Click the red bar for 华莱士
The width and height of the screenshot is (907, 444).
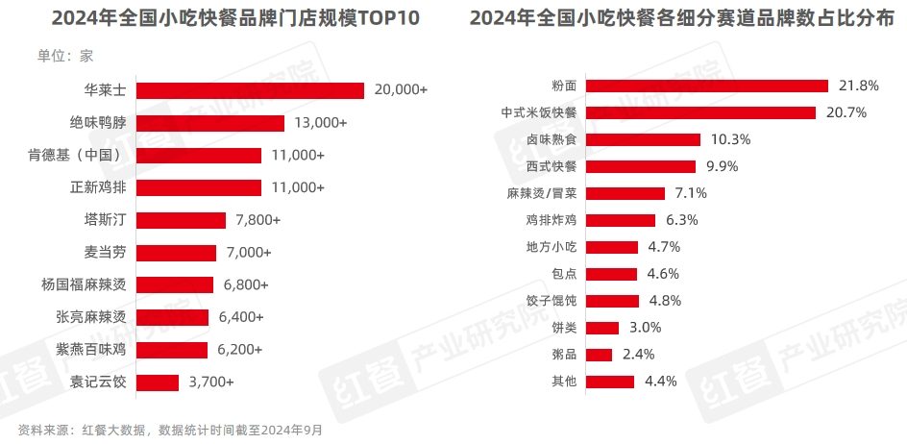point(250,90)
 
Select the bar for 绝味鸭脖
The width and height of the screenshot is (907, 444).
point(210,123)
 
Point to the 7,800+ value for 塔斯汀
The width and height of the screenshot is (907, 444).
point(257,220)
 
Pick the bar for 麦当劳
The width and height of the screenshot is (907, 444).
point(176,253)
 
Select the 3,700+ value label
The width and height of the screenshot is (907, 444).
point(210,382)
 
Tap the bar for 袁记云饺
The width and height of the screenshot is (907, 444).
point(158,382)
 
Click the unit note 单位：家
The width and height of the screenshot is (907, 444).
point(65,56)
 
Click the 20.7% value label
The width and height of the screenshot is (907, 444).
point(846,112)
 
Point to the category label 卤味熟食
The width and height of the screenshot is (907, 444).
point(552,139)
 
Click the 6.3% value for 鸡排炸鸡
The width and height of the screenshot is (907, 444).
point(681,220)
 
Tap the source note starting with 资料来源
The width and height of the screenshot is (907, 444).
point(170,429)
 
